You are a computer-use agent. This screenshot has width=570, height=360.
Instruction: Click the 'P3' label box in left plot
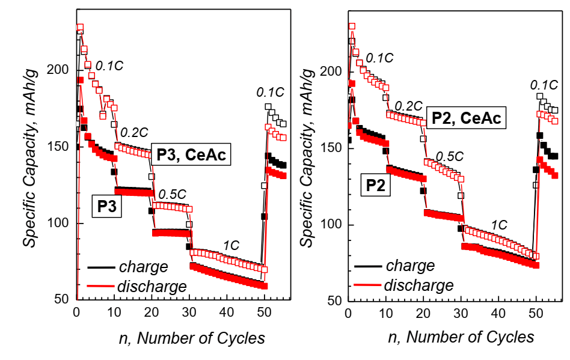[x=106, y=207]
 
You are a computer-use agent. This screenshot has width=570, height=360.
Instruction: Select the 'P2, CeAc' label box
[x=464, y=118]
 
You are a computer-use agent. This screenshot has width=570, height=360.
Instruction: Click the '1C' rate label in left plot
[x=231, y=246]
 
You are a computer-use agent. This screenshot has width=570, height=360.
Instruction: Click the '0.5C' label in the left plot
[x=173, y=195]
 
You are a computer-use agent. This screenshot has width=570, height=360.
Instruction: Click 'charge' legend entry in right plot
[x=411, y=266]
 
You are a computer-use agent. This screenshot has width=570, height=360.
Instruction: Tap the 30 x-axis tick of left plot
[x=189, y=313]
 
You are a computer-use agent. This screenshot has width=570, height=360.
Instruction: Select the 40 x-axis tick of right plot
[x=498, y=313]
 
